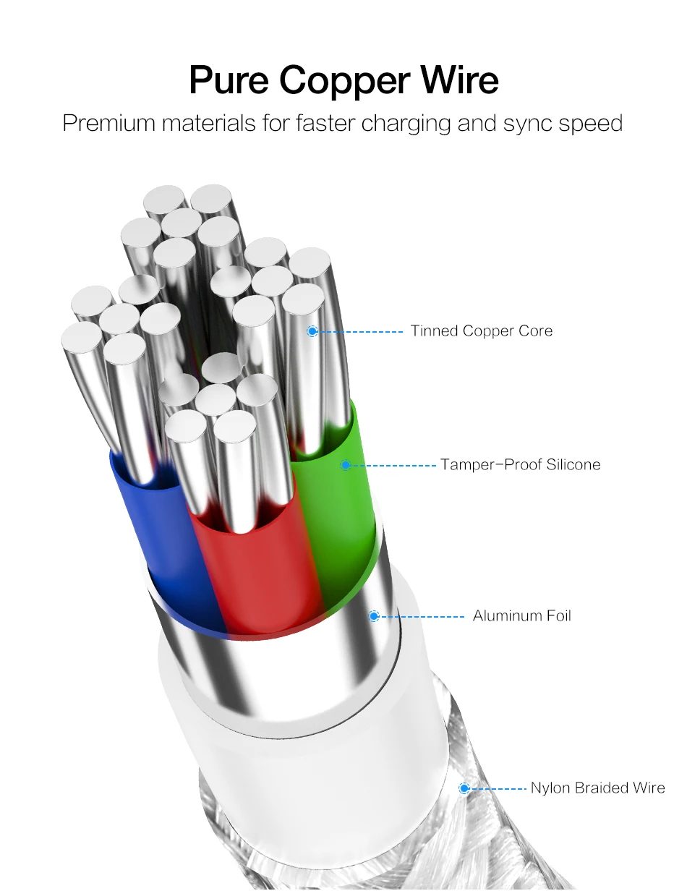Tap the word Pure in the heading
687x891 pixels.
[229, 80]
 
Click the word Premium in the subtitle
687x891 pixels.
[109, 123]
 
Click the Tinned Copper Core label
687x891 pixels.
[481, 331]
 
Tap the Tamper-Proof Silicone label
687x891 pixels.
[520, 465]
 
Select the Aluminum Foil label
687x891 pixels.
[522, 616]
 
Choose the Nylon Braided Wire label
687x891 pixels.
[597, 788]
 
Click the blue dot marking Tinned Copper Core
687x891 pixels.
[312, 331]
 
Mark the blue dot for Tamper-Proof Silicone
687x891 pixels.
[346, 465]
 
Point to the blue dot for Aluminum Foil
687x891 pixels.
[374, 616]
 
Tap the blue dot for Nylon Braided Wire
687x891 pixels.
[464, 788]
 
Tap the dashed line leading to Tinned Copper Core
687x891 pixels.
[361, 331]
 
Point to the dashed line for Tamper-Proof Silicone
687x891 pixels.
[393, 465]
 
